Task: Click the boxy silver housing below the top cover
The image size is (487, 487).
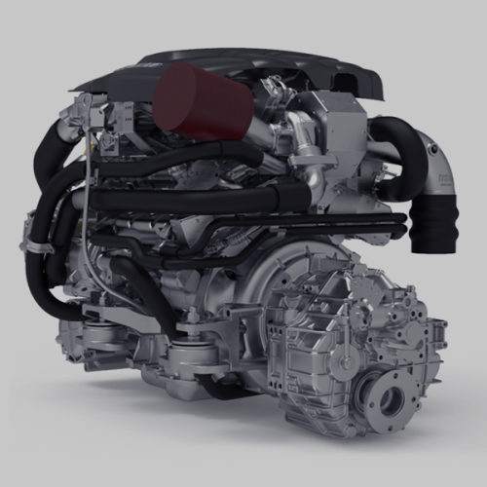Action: (x=336, y=131)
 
